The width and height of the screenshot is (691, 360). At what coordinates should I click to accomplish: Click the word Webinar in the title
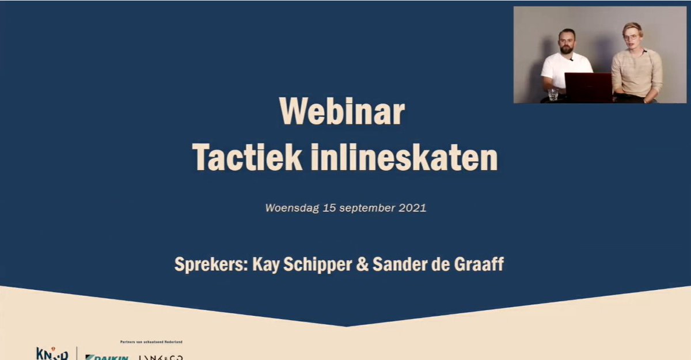341,112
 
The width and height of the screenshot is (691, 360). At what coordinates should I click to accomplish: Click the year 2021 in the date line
412,208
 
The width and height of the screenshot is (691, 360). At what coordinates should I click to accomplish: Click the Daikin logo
107,357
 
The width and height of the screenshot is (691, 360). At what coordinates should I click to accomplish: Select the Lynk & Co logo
161,357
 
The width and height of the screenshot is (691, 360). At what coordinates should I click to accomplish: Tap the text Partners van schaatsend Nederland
151,342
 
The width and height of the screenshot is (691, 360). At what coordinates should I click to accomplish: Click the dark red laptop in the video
588,86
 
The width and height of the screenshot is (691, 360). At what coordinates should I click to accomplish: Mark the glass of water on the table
553,94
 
